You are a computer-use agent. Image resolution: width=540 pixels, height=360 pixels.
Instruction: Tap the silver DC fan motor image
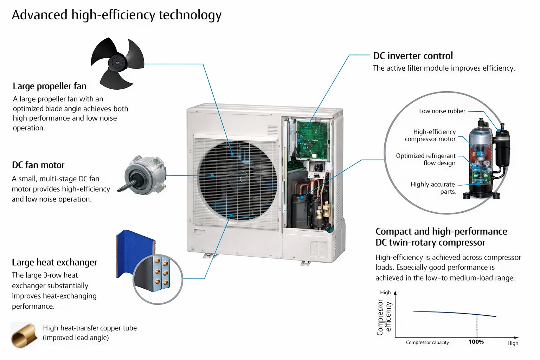pyautogui.click(x=145, y=175)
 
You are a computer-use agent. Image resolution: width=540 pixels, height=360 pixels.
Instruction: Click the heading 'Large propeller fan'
pyautogui.click(x=50, y=86)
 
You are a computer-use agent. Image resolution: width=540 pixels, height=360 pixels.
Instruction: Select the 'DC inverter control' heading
pyautogui.click(x=413, y=56)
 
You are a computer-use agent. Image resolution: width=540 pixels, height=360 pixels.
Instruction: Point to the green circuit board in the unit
pyautogui.click(x=312, y=139)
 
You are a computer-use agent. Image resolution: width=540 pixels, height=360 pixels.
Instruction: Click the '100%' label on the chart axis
pyautogui.click(x=476, y=342)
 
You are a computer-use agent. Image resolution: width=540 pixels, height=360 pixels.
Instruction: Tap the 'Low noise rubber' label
pyautogui.click(x=442, y=111)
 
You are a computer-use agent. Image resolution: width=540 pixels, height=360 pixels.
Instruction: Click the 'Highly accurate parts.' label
pyautogui.click(x=433, y=188)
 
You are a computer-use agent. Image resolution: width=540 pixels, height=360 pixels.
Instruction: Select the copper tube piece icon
pyautogui.click(x=24, y=336)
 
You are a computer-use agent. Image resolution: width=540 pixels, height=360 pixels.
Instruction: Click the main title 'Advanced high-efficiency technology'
pyautogui.click(x=117, y=15)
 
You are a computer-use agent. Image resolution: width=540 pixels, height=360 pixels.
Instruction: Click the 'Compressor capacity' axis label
pyautogui.click(x=427, y=342)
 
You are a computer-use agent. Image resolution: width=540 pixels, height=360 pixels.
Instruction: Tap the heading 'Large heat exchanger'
pyautogui.click(x=54, y=262)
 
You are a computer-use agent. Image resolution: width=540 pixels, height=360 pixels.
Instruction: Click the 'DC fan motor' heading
pyautogui.click(x=38, y=165)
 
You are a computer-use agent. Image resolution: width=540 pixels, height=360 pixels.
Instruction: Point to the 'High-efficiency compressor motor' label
pyautogui.click(x=430, y=135)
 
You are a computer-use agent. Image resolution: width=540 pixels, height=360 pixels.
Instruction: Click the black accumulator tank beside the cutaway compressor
pyautogui.click(x=502, y=148)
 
